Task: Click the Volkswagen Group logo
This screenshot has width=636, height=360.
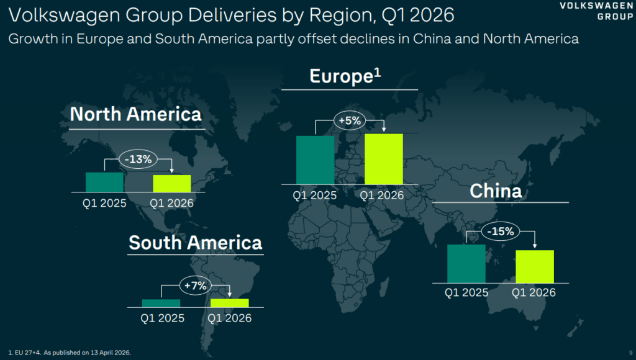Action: pos(596,11)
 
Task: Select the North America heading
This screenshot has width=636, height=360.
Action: pos(135,114)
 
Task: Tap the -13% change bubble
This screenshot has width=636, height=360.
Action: pos(138,159)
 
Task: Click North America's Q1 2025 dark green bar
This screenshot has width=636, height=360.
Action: pos(104,182)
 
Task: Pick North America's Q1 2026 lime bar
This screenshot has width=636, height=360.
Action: pos(172,184)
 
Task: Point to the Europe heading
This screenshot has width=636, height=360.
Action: pos(345,76)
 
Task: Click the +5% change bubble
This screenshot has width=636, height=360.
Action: pos(349,121)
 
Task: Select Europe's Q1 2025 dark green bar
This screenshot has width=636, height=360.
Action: pos(315,160)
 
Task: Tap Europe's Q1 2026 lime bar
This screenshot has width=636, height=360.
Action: pos(384,159)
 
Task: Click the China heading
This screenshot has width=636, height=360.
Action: pos(496,191)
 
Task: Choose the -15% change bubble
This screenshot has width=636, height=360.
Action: pos(501,232)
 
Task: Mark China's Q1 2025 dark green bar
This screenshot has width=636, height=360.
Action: pos(466,264)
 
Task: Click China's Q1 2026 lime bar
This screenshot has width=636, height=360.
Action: pos(535,266)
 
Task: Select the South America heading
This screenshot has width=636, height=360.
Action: pos(195,243)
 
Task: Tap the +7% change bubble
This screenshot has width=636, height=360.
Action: pos(196,286)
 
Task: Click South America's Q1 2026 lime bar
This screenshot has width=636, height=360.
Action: pos(230,303)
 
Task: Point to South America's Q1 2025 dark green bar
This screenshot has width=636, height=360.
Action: pos(161,304)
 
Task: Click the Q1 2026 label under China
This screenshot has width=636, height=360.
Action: pos(534,292)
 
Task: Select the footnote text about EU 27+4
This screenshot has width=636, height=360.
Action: pos(70,353)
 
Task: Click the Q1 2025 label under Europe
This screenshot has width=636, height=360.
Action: pos(315,196)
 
